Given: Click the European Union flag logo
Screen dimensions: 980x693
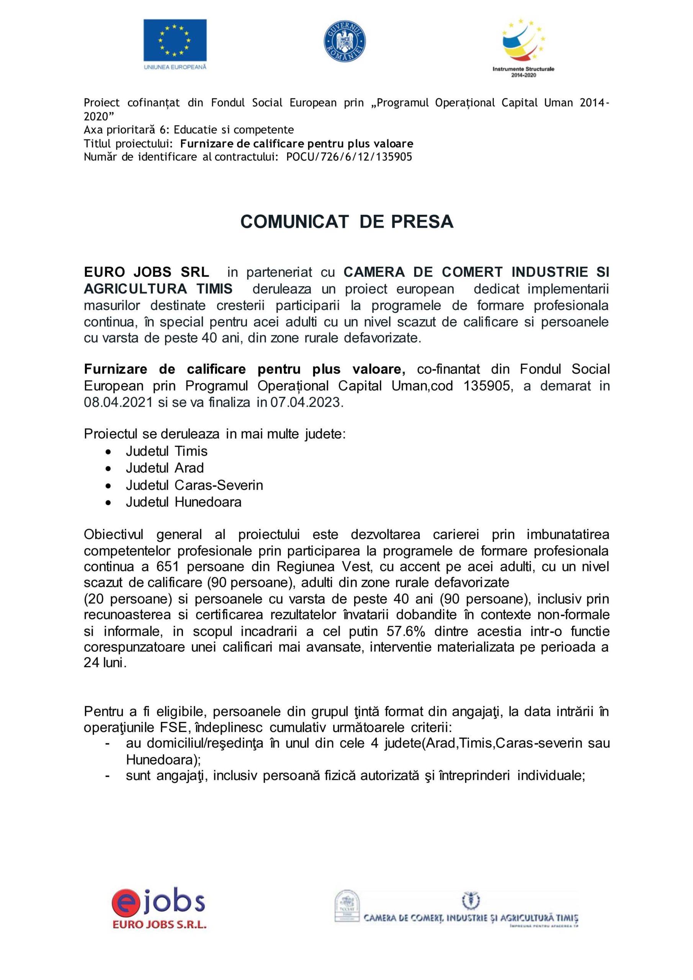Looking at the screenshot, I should click(175, 41).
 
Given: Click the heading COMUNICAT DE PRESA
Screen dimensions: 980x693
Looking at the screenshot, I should click(347, 222).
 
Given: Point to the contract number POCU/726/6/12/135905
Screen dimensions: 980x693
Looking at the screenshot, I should click(349, 157).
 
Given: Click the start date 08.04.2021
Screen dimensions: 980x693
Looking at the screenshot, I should click(118, 402).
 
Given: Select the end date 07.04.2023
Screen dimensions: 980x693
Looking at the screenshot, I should click(306, 402).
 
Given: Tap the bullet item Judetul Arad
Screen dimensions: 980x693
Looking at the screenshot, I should click(164, 468).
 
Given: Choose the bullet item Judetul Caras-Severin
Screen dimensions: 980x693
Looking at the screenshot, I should click(194, 485).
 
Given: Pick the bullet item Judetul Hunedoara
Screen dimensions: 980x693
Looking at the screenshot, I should click(184, 502).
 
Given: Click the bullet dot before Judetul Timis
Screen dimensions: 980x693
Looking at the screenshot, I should click(109, 452).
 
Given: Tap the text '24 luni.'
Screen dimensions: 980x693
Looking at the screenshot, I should click(105, 663).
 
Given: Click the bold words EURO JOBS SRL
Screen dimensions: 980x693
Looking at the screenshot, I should click(147, 272).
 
